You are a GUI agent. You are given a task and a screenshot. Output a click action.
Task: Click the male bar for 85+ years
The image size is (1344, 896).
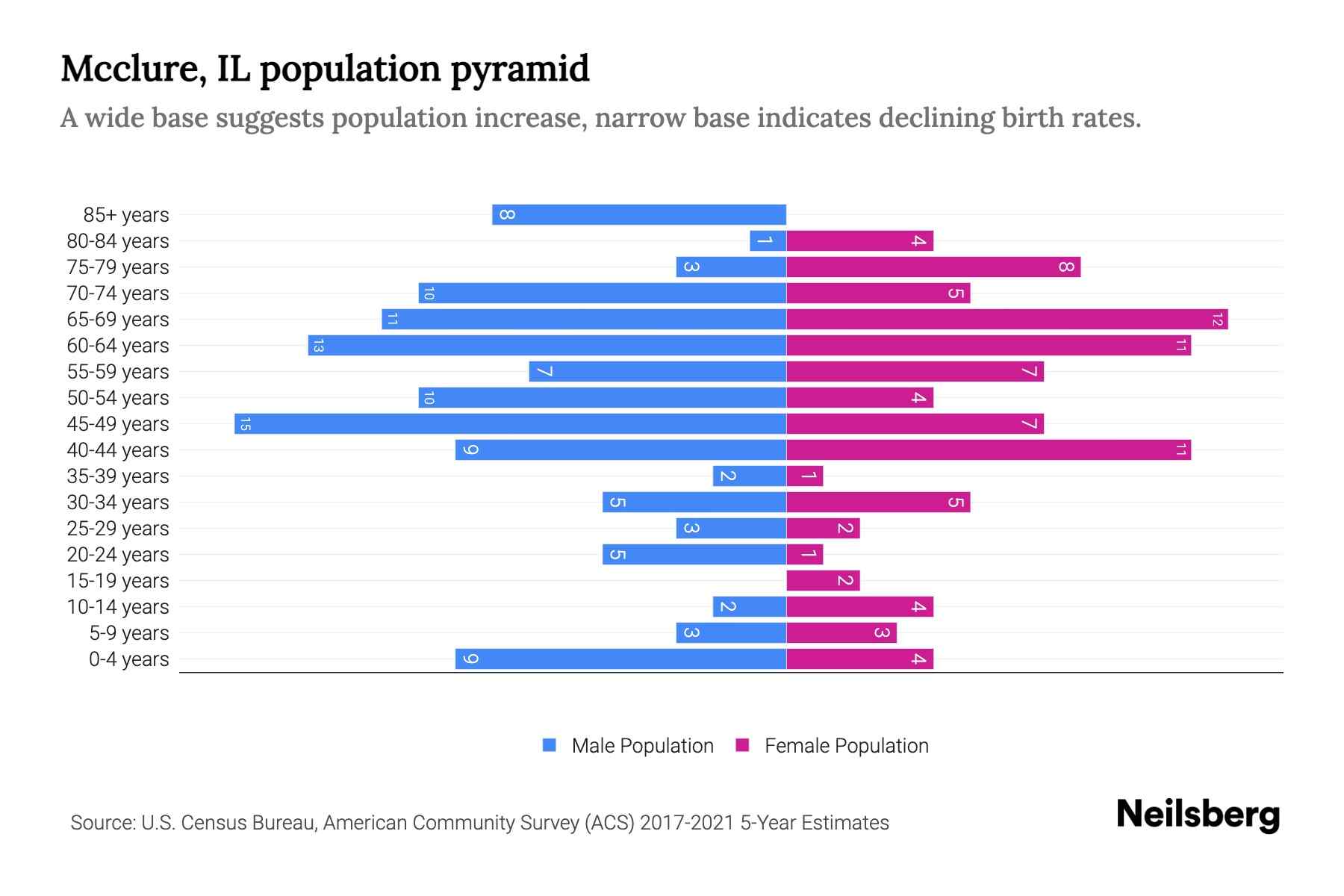coord(639,214)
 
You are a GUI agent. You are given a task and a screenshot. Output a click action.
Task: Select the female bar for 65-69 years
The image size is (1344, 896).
coord(1007,319)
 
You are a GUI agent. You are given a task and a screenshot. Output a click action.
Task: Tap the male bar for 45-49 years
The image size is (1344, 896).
coord(510,423)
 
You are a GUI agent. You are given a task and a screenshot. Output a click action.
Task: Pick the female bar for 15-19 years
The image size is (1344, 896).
coord(823,580)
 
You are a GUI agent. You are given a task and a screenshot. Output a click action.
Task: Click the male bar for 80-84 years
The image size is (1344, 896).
coord(768,240)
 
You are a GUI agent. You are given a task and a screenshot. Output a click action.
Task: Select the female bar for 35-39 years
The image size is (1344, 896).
coord(805,476)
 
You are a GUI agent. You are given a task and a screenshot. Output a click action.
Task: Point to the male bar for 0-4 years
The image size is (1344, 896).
coord(620,659)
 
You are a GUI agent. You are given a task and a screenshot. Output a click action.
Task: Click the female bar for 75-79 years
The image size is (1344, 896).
coord(933,267)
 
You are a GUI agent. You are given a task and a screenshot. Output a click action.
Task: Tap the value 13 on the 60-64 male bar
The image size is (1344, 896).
coord(318,346)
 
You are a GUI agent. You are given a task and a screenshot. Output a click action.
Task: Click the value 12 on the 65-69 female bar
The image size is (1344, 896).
coord(1217,320)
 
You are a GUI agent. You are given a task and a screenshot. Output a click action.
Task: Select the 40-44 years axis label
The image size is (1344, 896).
coord(118,450)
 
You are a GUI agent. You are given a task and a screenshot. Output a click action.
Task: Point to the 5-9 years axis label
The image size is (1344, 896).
coord(129,633)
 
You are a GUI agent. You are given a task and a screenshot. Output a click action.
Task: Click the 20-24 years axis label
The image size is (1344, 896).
coord(118,555)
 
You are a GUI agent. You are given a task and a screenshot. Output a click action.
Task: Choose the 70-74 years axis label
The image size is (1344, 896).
coord(118,293)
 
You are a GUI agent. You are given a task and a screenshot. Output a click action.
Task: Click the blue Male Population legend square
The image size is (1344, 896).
coord(550,745)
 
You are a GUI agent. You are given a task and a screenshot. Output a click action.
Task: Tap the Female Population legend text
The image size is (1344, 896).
coord(846,746)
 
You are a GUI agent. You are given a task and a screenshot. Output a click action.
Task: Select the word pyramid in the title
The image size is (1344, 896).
coord(520,69)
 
